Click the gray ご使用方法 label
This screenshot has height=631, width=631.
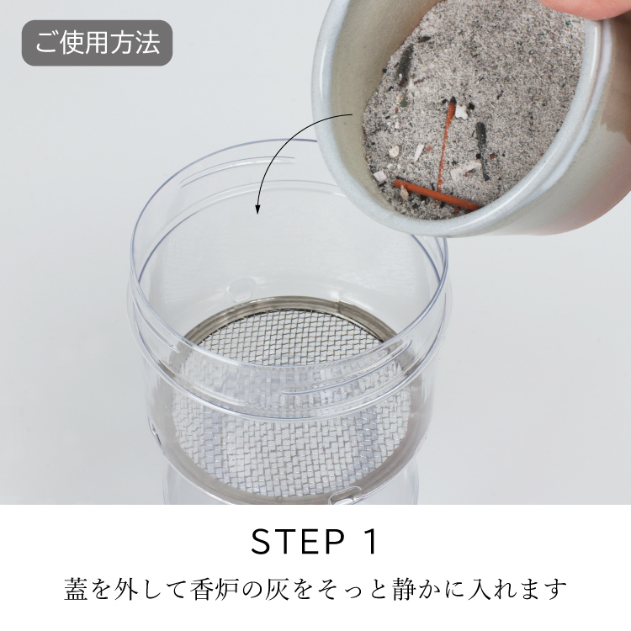[x=97, y=43]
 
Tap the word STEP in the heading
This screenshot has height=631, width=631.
[x=298, y=541]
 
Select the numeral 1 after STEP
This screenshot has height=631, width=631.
[x=370, y=541]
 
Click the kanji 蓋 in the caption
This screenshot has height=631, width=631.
[x=77, y=589]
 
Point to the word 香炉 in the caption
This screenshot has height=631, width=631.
[x=214, y=589]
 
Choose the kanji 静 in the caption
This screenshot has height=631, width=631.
[x=404, y=589]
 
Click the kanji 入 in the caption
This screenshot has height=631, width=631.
[x=480, y=589]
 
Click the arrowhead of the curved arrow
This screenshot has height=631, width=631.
[x=257, y=209]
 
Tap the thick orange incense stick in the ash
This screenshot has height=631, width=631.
[x=436, y=195]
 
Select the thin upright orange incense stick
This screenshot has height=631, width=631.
[x=446, y=144]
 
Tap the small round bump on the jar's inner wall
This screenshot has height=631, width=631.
[x=241, y=287]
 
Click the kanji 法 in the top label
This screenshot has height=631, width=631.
[x=148, y=43]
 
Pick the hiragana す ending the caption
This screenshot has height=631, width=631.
[x=555, y=589]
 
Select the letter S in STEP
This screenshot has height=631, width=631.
[x=262, y=541]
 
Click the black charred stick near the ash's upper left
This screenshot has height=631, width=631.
[x=406, y=65]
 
